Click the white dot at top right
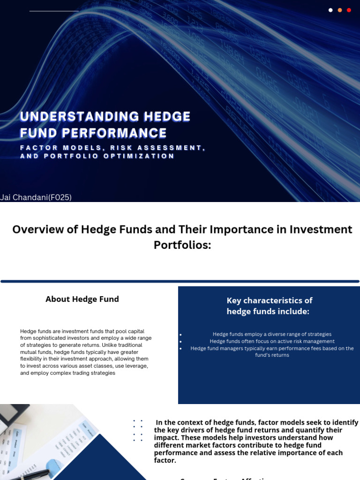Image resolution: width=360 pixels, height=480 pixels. coord(330,10)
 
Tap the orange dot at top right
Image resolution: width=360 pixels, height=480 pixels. coord(340,10)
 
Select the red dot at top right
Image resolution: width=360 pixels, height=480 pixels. coord(349,10)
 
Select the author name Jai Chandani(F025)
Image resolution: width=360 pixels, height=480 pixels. coord(36,197)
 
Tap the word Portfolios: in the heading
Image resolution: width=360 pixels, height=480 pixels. coord(182,245)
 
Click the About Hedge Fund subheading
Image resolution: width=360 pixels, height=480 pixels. coord(82,299)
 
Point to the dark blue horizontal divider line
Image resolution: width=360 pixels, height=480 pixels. coord(180,281)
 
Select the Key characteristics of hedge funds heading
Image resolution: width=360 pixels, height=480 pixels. coord(269,306)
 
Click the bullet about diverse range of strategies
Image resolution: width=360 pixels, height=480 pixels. coord(272,334)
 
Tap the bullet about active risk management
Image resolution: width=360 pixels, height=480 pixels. coord(272,341)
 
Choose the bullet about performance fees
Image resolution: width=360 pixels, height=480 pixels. coord(272,352)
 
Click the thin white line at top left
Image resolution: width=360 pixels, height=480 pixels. coord(54,11)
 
